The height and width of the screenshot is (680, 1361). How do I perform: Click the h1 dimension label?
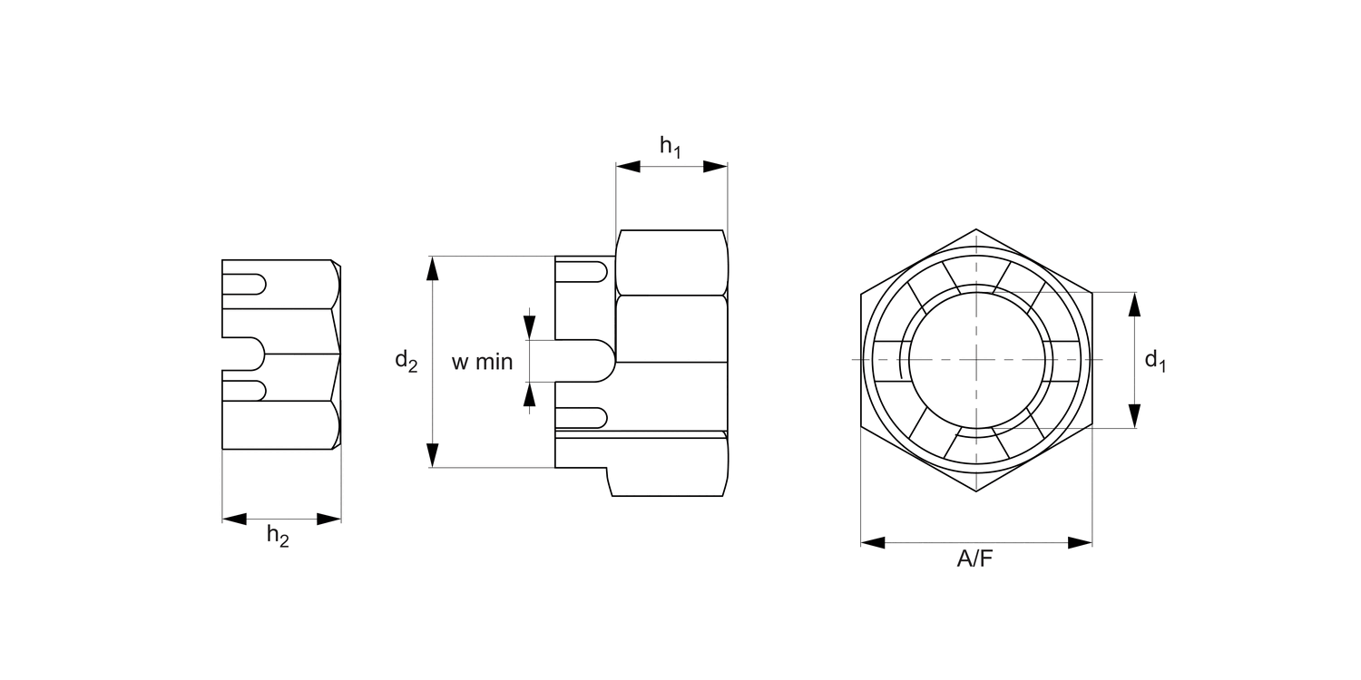[x=670, y=147]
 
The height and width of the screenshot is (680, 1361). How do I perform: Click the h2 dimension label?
[x=278, y=537]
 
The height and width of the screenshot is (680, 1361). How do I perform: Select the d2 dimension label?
[x=406, y=362]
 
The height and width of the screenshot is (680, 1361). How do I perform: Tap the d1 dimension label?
[x=1155, y=361]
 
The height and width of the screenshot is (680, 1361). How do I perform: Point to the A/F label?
[x=975, y=559]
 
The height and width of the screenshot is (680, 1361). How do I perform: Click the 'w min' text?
[x=483, y=363]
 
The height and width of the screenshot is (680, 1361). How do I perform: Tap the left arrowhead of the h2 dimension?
[x=234, y=519]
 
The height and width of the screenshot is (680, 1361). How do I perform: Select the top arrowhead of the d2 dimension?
[x=433, y=268]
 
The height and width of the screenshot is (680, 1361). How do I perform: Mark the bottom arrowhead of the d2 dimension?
[x=433, y=455]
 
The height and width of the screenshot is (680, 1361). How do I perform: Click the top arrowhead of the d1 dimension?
[x=1133, y=304]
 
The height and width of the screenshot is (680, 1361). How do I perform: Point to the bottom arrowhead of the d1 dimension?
[x=1133, y=416]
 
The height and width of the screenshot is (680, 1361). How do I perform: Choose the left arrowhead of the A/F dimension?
[x=873, y=542]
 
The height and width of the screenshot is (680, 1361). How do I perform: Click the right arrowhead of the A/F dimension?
[x=1080, y=542]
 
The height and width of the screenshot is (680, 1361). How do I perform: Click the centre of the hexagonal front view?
[x=976, y=360]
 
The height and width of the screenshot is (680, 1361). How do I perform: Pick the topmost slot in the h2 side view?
[x=244, y=284]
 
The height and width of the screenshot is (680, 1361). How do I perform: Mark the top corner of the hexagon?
[x=976, y=229]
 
